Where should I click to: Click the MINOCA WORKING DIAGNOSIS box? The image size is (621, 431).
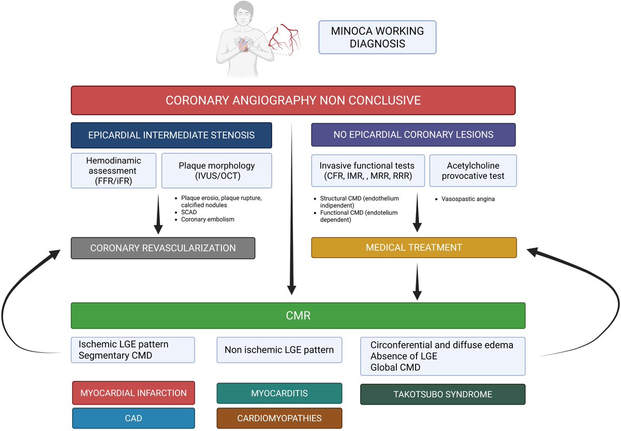coord(377,37)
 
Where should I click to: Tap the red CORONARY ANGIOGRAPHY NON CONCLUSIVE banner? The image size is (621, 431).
coord(293,100)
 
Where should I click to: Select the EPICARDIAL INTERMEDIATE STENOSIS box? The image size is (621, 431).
coord(171,135)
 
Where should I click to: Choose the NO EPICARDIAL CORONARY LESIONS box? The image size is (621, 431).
coord(413,135)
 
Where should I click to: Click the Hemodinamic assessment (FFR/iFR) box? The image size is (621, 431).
coord(113,171)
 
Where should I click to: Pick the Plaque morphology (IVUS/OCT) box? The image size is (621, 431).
coord(216,171)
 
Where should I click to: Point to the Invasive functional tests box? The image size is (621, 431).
coord(368,171)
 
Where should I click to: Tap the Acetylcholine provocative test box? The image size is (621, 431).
coord(473,171)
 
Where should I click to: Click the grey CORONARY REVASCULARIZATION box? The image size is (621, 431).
coord(163,248)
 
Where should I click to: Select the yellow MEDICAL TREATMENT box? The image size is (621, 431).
coord(414,247)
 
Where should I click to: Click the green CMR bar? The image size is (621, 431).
coord(298,316)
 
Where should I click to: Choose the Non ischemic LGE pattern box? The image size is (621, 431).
coord(279,350)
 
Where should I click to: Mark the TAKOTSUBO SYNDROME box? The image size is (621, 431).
coord(443,394)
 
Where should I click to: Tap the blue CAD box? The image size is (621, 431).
coord(134,418)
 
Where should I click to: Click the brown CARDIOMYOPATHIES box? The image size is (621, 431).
coord(279,418)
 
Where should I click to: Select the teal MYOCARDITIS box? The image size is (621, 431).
coord(279,393)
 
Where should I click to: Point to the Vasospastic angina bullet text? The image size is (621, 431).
coord(468,199)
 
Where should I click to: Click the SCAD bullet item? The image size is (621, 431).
coord(189,212)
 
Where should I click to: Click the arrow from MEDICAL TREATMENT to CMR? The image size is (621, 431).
coord(417,281)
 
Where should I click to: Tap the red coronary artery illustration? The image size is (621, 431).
coord(285,39)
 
